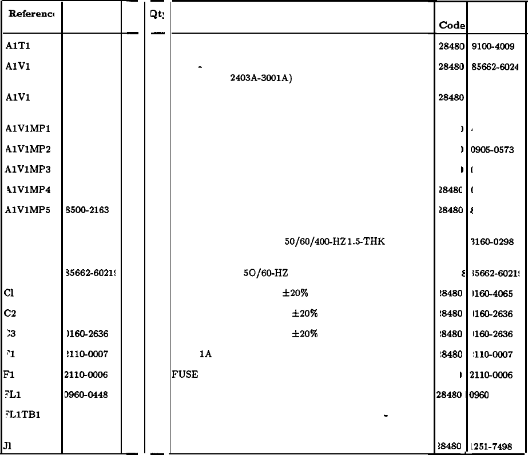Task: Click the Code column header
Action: (x=451, y=26)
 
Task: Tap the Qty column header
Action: (x=157, y=15)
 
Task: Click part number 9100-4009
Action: (x=493, y=47)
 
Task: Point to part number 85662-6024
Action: (x=495, y=66)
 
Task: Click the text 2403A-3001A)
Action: (x=261, y=78)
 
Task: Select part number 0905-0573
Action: (x=492, y=150)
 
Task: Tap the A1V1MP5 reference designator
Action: (x=27, y=210)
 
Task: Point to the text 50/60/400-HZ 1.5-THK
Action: (x=335, y=242)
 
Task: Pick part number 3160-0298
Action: (x=492, y=242)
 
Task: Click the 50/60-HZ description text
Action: (x=265, y=273)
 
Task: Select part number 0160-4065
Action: (x=492, y=294)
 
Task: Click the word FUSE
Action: (x=185, y=375)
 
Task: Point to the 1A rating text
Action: (x=206, y=354)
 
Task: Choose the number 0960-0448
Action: (x=88, y=395)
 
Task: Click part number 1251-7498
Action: (x=492, y=446)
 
